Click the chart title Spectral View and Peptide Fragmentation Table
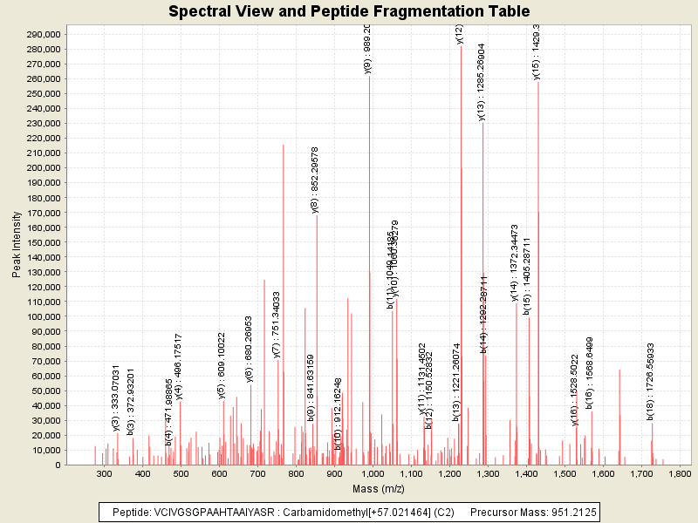pos(348,11)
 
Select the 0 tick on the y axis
pos(58,465)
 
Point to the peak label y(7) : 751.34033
pos(277,324)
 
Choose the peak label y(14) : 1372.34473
pos(515,262)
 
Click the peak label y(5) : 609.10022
pos(222,365)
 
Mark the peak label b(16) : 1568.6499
pos(590,372)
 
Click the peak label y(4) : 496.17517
pos(179,366)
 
